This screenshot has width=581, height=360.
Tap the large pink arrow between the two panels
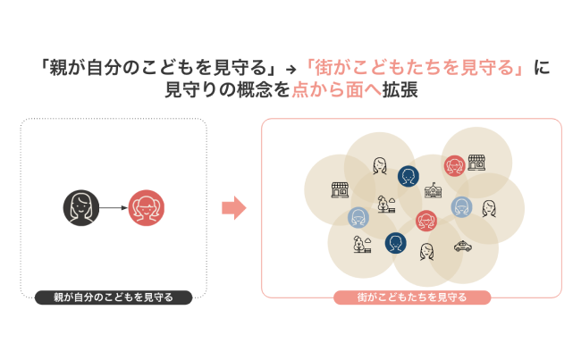click(233, 209)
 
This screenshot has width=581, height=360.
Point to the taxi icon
click(462, 247)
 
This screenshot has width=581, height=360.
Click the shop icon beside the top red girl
click(476, 162)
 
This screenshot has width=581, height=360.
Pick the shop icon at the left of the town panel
click(340, 189)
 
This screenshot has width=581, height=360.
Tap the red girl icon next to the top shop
click(454, 165)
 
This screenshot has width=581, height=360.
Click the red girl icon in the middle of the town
click(426, 220)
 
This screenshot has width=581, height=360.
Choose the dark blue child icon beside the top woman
click(408, 176)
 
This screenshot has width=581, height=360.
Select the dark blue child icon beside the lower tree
click(395, 242)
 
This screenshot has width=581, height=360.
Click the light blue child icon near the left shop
click(358, 217)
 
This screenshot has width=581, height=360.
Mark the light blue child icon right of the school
click(461, 206)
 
